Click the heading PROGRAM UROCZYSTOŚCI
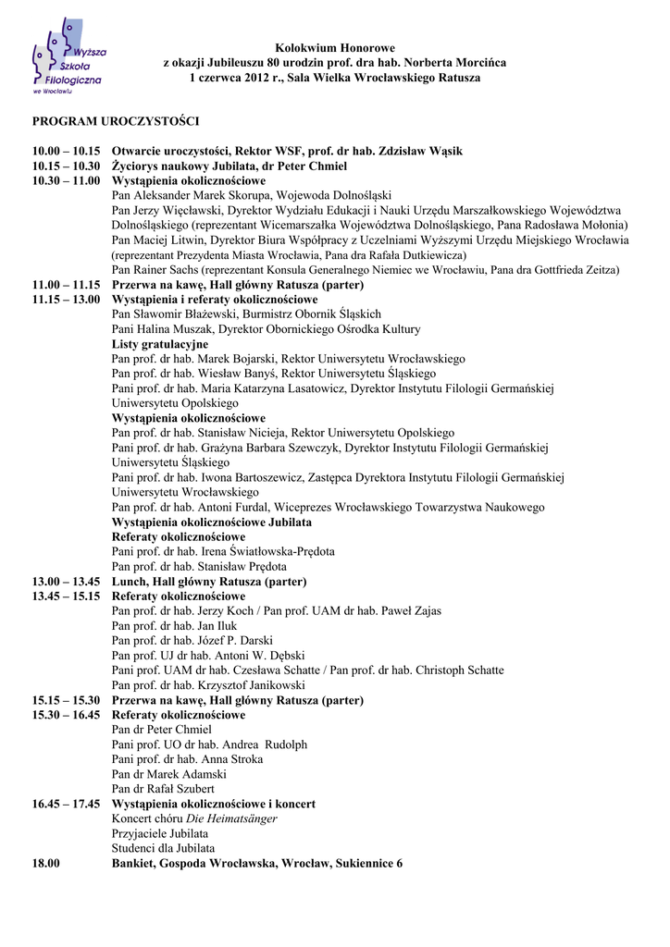116,121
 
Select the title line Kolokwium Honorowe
335,47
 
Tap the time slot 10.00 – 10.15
66,151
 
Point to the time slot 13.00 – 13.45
66,582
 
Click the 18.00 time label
46,863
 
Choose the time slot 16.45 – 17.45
66,804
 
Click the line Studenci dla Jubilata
163,848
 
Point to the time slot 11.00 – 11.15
66,285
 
